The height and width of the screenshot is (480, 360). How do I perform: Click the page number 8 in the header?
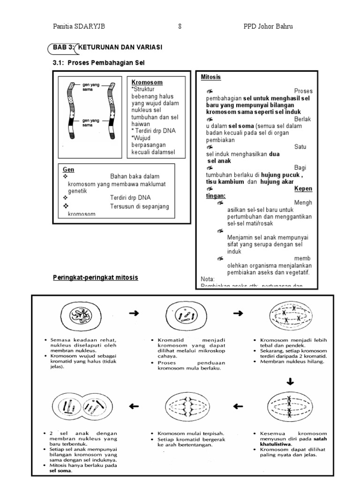(180, 27)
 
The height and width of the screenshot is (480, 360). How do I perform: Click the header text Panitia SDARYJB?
(79, 27)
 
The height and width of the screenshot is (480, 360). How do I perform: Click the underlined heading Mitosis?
(210, 77)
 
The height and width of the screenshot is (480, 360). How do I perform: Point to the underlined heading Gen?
(68, 169)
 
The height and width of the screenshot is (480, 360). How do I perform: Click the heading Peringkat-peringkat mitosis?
(96, 277)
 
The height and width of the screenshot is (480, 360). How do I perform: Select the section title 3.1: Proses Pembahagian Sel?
(95, 62)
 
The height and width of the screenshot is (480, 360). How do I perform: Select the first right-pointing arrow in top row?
(134, 313)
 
